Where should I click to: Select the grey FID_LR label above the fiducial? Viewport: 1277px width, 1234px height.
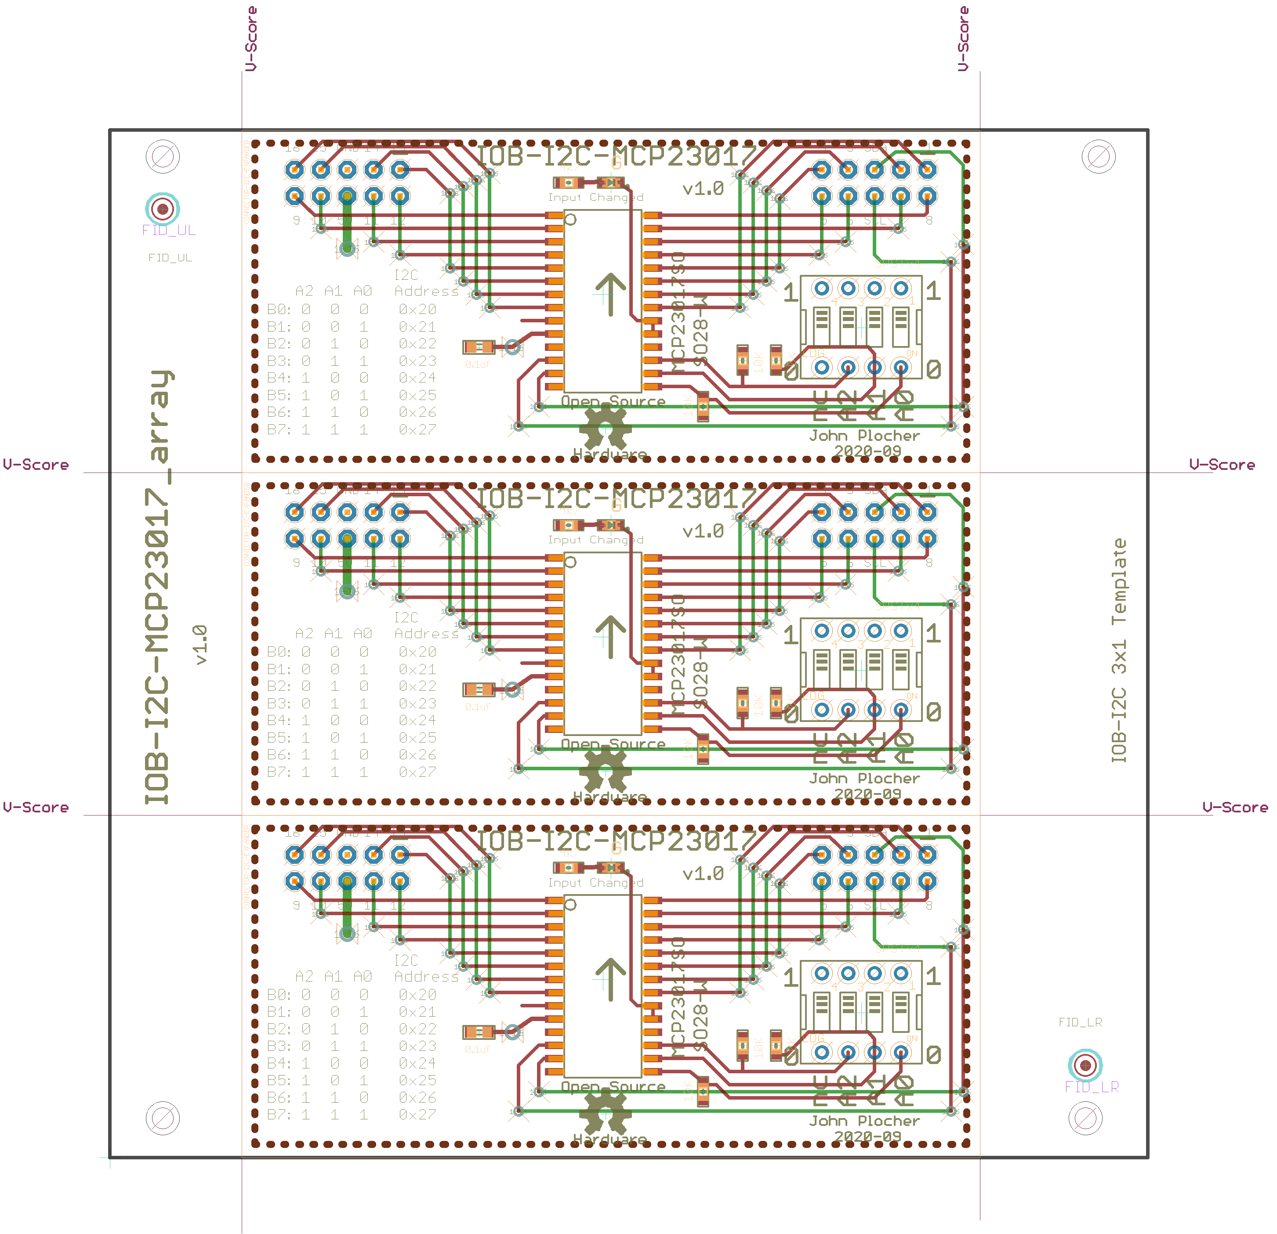(1080, 1022)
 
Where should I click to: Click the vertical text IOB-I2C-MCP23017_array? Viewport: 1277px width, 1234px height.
(158, 586)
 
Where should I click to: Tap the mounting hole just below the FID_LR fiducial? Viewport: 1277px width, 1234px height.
(1085, 1118)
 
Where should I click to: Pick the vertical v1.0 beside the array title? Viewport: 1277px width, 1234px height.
(200, 645)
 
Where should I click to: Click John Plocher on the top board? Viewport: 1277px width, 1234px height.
(864, 436)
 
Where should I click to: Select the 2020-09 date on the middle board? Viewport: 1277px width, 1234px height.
(867, 794)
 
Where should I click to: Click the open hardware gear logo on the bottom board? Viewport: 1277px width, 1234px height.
(605, 1114)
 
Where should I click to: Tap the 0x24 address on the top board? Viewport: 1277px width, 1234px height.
(417, 378)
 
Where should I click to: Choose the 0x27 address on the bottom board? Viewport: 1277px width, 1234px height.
(417, 1114)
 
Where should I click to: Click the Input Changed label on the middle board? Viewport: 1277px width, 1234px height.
(595, 540)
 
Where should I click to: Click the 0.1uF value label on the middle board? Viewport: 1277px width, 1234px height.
(478, 707)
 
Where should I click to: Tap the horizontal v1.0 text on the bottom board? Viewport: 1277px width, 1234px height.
(703, 873)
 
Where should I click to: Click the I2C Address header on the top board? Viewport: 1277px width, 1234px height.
(425, 283)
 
